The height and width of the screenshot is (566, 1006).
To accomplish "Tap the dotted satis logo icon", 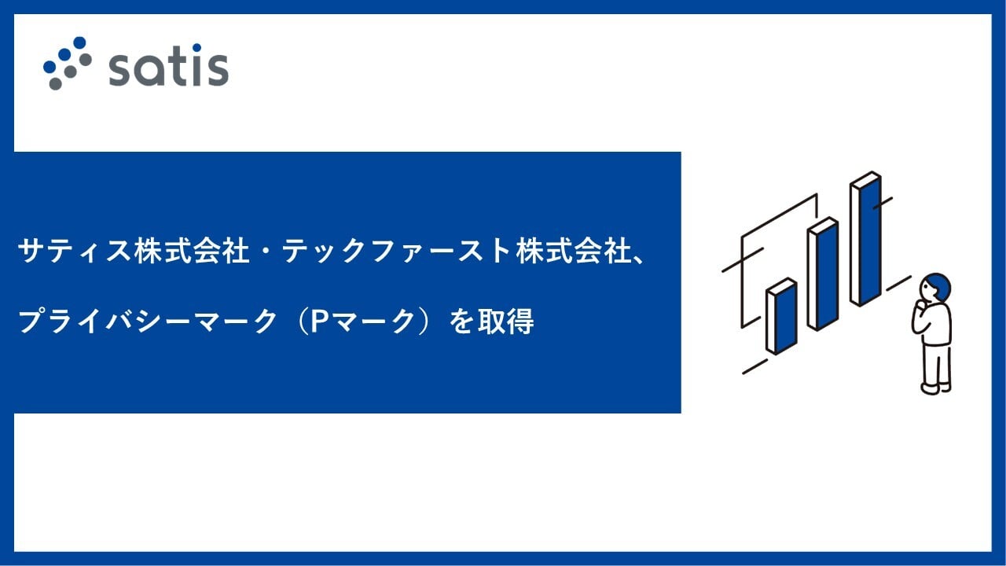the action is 68,63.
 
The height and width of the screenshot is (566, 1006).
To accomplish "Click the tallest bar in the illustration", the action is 865,238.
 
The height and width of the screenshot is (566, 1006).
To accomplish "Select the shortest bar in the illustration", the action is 781,316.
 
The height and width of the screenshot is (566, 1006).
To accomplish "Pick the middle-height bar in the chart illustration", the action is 823,274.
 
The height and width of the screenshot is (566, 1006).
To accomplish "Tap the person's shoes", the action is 936,388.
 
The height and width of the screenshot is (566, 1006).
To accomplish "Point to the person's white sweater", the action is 933,323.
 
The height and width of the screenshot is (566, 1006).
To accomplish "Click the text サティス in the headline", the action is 74,251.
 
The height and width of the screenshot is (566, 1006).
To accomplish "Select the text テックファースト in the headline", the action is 397,251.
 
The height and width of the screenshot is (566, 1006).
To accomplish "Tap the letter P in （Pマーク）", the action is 318,322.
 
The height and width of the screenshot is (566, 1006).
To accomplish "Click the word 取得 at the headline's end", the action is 505,322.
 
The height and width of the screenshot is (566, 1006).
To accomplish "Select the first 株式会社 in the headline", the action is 192,251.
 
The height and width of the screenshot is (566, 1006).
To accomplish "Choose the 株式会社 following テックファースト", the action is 574,251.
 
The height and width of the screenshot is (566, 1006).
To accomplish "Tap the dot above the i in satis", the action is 196,47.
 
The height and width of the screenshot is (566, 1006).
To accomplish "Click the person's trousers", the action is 937,364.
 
